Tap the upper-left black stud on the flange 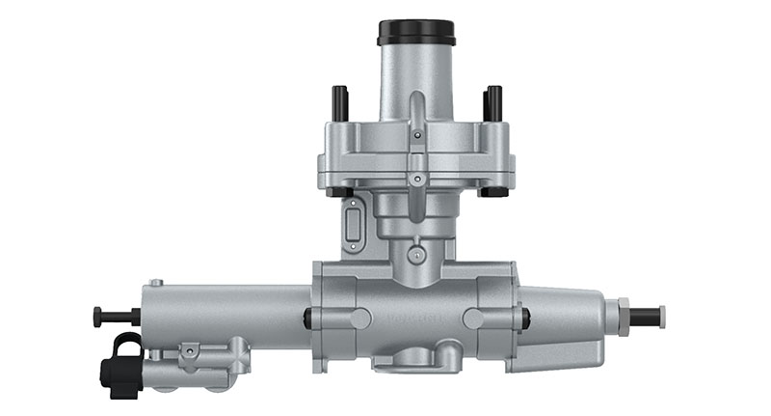(339, 100)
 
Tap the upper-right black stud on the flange (493, 100)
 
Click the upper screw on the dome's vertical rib (416, 136)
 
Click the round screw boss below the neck (416, 255)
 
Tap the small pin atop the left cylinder (156, 283)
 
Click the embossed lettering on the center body (415, 316)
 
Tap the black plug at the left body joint (306, 318)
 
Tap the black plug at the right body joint (525, 318)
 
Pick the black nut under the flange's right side (493, 191)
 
